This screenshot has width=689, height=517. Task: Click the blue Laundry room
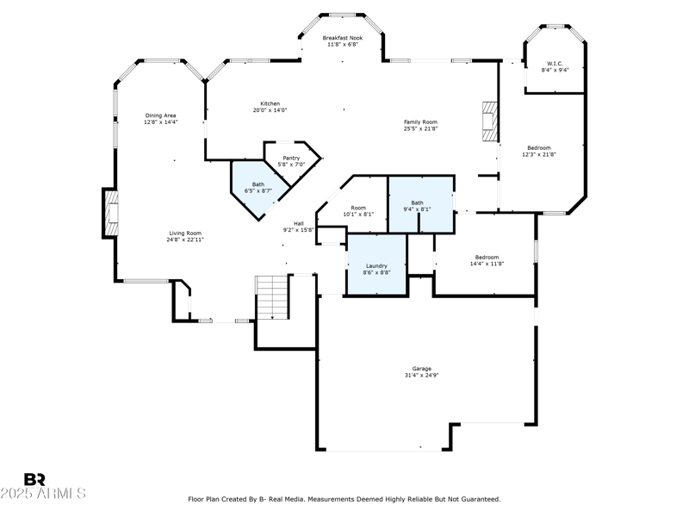point(376,269)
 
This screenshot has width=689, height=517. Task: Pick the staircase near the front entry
point(272,298)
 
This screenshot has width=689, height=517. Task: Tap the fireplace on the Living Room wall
point(110,213)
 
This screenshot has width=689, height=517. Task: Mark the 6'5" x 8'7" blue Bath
point(258,186)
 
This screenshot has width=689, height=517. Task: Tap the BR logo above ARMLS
point(34,479)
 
